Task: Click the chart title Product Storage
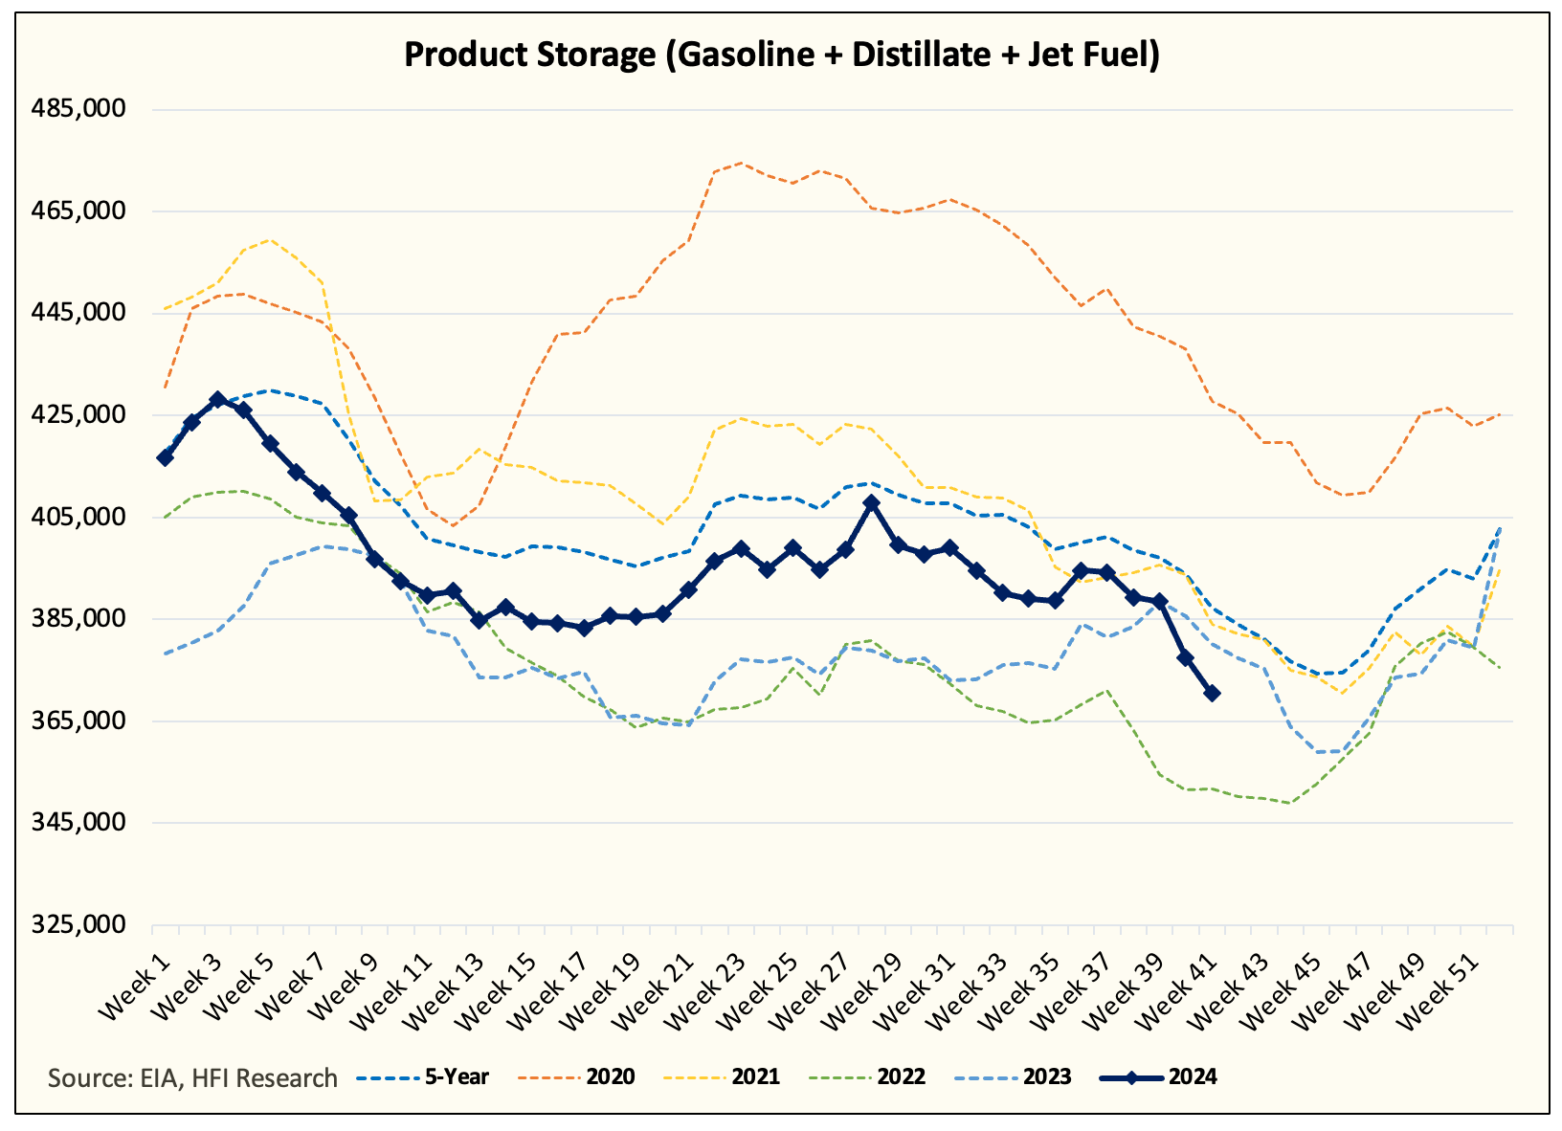click(x=781, y=54)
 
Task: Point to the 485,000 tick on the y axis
click(x=80, y=109)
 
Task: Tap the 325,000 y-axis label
click(x=80, y=925)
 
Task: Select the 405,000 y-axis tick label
click(x=80, y=517)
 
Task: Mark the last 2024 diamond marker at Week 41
click(x=1212, y=693)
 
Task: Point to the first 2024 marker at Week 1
click(x=166, y=457)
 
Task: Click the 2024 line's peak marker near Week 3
click(x=218, y=399)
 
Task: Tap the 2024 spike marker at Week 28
click(x=871, y=502)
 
